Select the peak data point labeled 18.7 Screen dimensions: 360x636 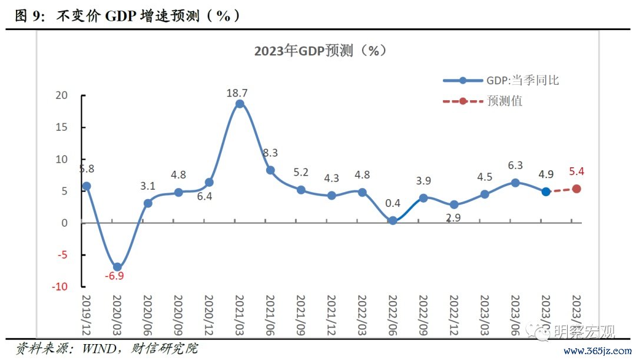pyautogui.click(x=240, y=104)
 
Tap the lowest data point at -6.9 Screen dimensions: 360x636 pyautogui.click(x=117, y=267)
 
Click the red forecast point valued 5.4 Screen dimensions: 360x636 pyautogui.click(x=577, y=189)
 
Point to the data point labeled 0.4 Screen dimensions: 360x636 pyautogui.click(x=393, y=220)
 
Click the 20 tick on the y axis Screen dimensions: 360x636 pyautogui.click(x=62, y=95)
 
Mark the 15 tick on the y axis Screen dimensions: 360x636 pyautogui.click(x=62, y=127)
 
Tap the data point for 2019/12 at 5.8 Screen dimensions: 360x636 pyautogui.click(x=87, y=186)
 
